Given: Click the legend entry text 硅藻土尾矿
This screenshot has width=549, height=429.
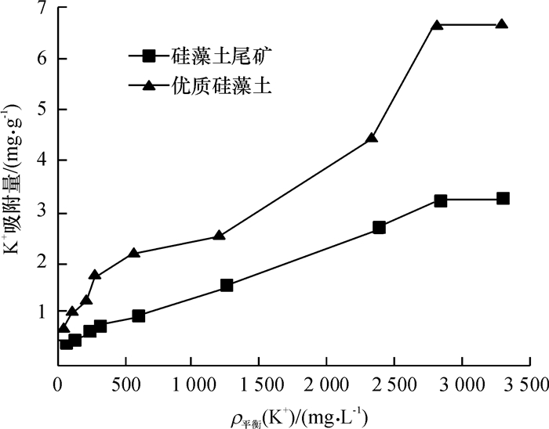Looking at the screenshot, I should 207,56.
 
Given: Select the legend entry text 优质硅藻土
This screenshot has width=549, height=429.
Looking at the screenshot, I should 207,87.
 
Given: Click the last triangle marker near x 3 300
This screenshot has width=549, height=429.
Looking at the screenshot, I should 502,24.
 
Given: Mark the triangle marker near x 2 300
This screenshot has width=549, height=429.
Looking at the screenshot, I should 372,138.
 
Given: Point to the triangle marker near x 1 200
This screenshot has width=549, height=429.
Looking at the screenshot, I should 220,235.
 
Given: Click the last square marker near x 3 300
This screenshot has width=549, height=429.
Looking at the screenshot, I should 503,199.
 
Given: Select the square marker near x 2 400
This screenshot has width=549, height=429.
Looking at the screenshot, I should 380,227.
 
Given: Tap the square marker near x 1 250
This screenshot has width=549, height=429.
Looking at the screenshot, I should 227,286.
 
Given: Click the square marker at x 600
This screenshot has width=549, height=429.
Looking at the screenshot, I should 139,316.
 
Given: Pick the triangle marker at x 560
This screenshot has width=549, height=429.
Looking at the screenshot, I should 133,253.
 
